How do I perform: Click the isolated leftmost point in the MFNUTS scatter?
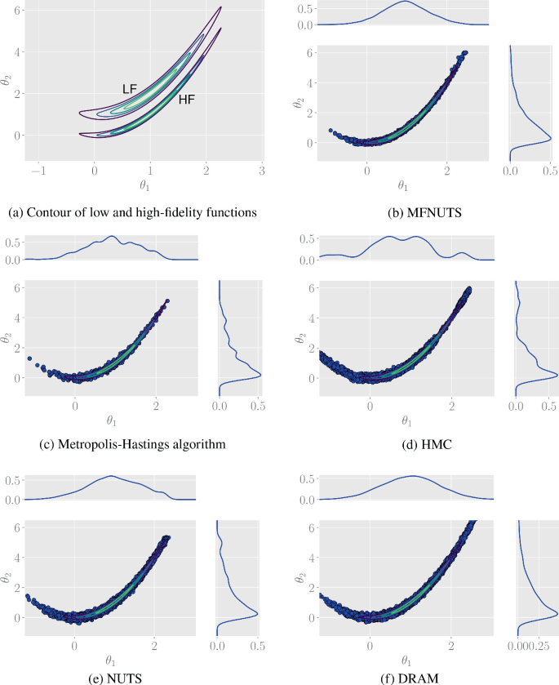tap(331, 130)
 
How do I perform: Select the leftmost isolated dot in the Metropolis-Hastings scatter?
tap(29, 358)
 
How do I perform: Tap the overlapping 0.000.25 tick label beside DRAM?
tap(534, 646)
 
